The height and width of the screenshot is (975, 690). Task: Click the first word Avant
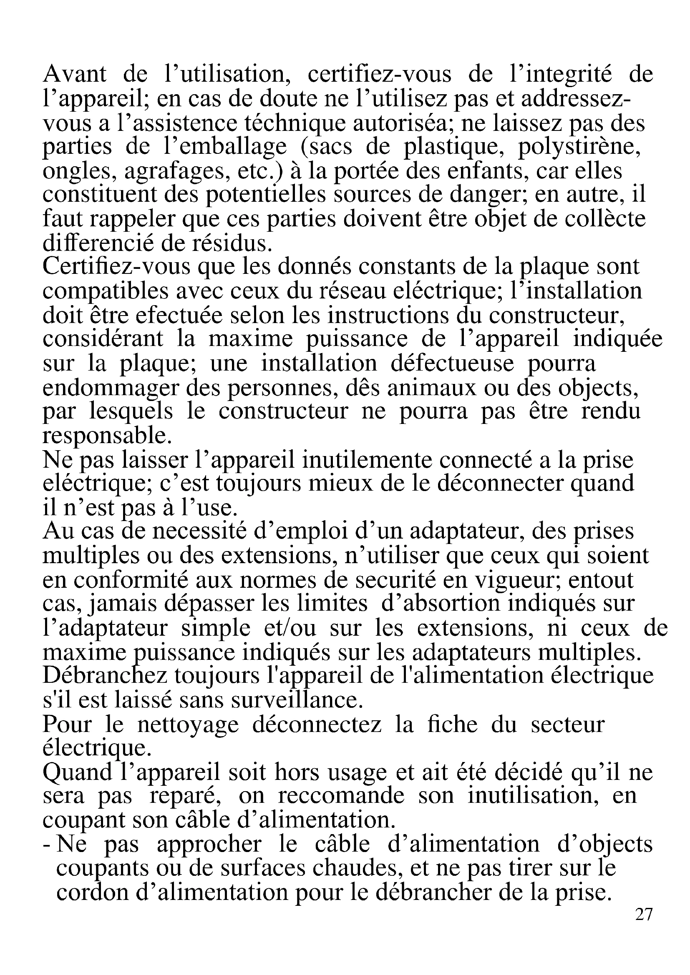(x=75, y=74)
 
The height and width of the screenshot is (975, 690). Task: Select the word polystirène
(x=579, y=147)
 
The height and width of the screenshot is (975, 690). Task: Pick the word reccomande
(x=341, y=796)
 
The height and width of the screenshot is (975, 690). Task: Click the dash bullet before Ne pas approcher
(x=47, y=845)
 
